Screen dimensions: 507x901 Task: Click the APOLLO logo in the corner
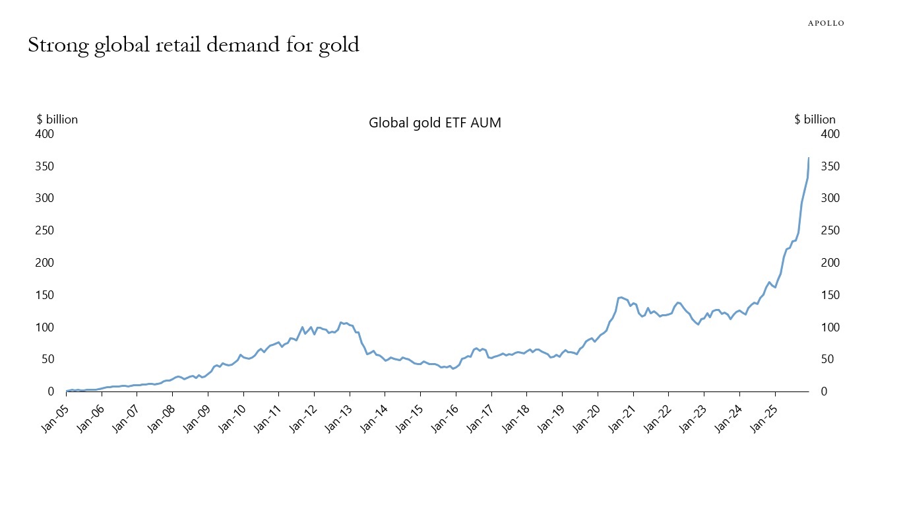click(x=826, y=23)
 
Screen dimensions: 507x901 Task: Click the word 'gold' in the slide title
click(x=335, y=45)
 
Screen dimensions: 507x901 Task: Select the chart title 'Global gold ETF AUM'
click(x=435, y=123)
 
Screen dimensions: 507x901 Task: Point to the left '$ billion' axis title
click(x=57, y=119)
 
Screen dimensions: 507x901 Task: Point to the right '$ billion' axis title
click(x=815, y=119)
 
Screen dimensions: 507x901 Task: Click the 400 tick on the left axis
click(x=44, y=134)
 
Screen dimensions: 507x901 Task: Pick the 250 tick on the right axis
click(x=830, y=230)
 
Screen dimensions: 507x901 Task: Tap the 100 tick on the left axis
click(x=44, y=327)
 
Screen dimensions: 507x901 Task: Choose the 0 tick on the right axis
click(x=824, y=391)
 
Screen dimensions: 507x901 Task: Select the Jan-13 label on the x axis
click(x=338, y=416)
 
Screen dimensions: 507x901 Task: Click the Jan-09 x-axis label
click(x=196, y=416)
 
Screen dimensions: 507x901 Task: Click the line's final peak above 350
click(x=809, y=158)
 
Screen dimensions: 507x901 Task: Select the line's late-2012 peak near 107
click(x=341, y=322)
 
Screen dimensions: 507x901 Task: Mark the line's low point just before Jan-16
click(x=452, y=368)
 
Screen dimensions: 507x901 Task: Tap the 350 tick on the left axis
click(x=44, y=166)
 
